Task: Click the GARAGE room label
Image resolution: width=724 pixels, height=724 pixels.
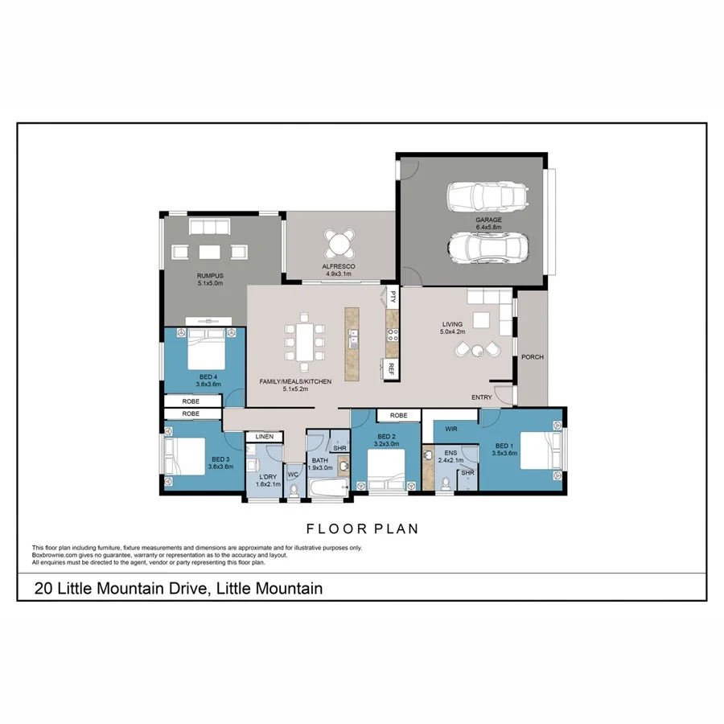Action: click(488, 219)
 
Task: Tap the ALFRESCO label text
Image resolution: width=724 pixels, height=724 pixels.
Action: click(340, 266)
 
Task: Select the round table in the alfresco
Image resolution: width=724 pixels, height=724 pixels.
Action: click(340, 241)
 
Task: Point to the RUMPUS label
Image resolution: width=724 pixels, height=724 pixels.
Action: click(210, 276)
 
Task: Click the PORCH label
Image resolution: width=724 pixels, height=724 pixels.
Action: click(532, 356)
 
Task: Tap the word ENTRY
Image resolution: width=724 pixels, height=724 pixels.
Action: click(482, 397)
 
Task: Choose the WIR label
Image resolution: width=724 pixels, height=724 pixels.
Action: click(450, 430)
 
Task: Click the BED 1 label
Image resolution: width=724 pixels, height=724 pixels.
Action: click(504, 446)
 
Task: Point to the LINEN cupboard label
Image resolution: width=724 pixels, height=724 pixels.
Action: click(265, 437)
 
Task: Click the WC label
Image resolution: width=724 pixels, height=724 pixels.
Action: click(292, 475)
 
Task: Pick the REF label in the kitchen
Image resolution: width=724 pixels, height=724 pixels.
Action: click(391, 369)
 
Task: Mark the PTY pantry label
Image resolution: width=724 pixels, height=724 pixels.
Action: click(393, 296)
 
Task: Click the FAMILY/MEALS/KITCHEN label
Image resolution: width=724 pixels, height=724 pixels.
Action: click(295, 381)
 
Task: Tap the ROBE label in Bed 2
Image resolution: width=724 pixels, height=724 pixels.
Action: click(398, 416)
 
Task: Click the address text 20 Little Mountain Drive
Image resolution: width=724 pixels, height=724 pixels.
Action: click(179, 589)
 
